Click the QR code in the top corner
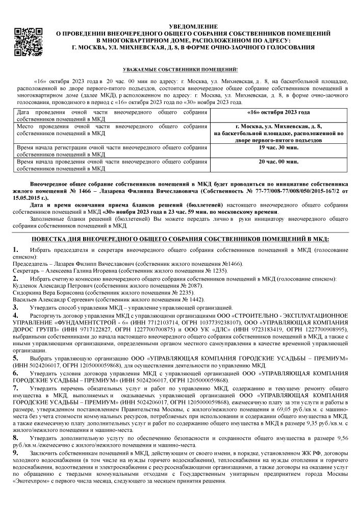[x=26, y=40]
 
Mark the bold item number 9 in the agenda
[x=15, y=452]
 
